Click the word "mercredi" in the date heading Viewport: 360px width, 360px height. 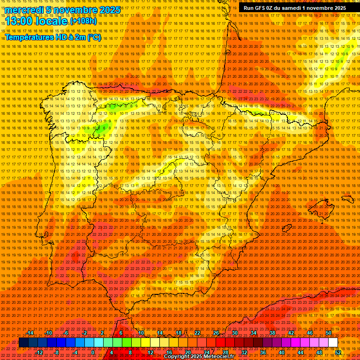[22, 10]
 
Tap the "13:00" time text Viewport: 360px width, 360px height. [18, 22]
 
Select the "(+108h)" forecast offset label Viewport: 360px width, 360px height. [83, 21]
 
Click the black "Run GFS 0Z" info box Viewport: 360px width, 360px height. [295, 8]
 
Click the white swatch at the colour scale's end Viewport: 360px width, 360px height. [333, 343]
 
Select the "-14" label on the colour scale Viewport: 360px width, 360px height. [31, 333]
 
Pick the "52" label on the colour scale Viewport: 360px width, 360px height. [338, 352]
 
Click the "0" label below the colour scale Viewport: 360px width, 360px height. [93, 352]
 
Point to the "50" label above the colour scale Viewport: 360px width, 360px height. [329, 333]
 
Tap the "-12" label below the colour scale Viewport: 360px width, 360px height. [39, 352]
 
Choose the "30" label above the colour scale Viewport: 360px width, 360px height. [234, 333]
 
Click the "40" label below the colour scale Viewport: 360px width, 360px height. [281, 352]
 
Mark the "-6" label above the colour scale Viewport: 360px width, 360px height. [66, 333]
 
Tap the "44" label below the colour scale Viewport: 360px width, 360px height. [300, 352]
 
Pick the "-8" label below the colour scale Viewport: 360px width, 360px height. [57, 352]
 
